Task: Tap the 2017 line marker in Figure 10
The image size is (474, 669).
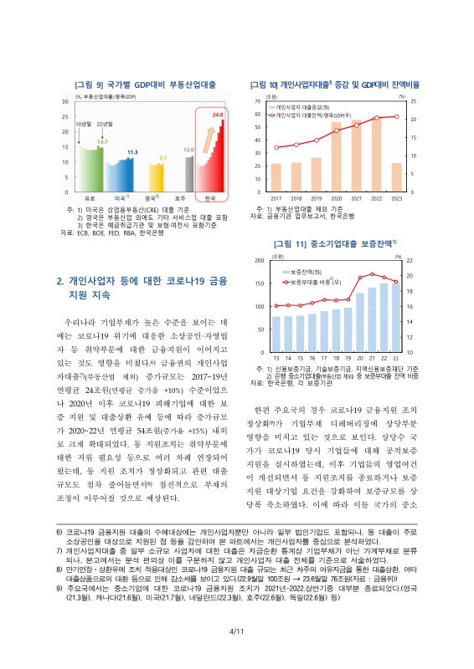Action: [276, 147]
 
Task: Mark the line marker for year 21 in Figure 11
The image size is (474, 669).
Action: [373, 274]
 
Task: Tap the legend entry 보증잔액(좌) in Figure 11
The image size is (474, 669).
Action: [309, 274]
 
